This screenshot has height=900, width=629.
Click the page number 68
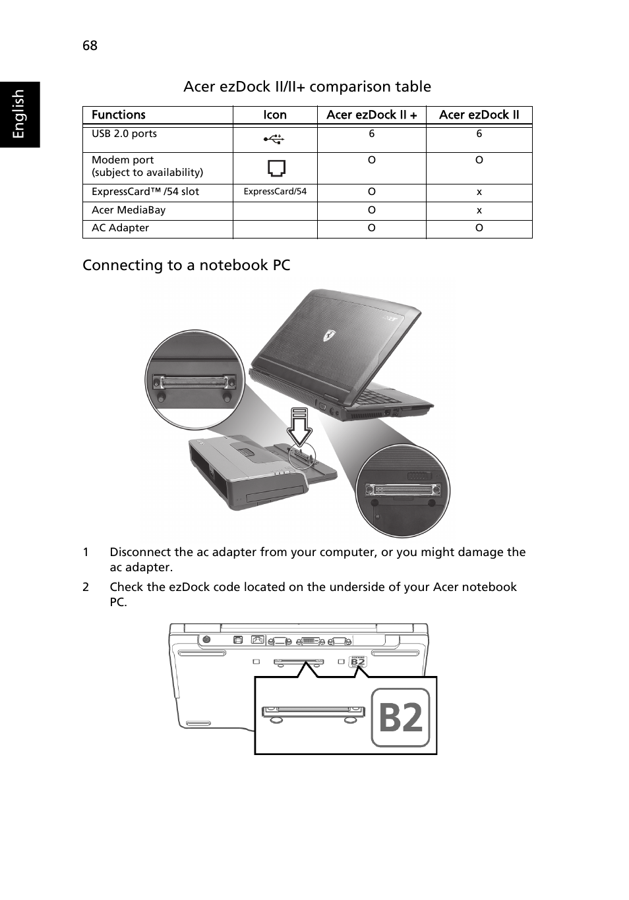90,45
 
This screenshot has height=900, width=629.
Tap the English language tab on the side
18,114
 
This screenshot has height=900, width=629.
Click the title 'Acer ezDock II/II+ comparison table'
307,87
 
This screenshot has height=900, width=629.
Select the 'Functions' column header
118,115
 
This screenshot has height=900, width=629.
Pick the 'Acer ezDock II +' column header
371,115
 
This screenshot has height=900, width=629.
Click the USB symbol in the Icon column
274,139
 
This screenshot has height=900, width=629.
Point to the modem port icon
276,168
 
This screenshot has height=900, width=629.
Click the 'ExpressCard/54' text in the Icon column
275,192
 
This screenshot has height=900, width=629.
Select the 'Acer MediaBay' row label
129,210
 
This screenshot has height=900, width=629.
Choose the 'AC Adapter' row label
120,228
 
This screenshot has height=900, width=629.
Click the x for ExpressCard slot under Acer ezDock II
479,192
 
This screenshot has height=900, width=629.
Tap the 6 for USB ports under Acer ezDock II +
371,134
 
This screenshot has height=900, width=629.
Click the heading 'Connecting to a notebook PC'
186,266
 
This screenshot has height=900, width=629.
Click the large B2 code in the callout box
400,717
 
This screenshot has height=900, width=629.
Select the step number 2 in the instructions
86,587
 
